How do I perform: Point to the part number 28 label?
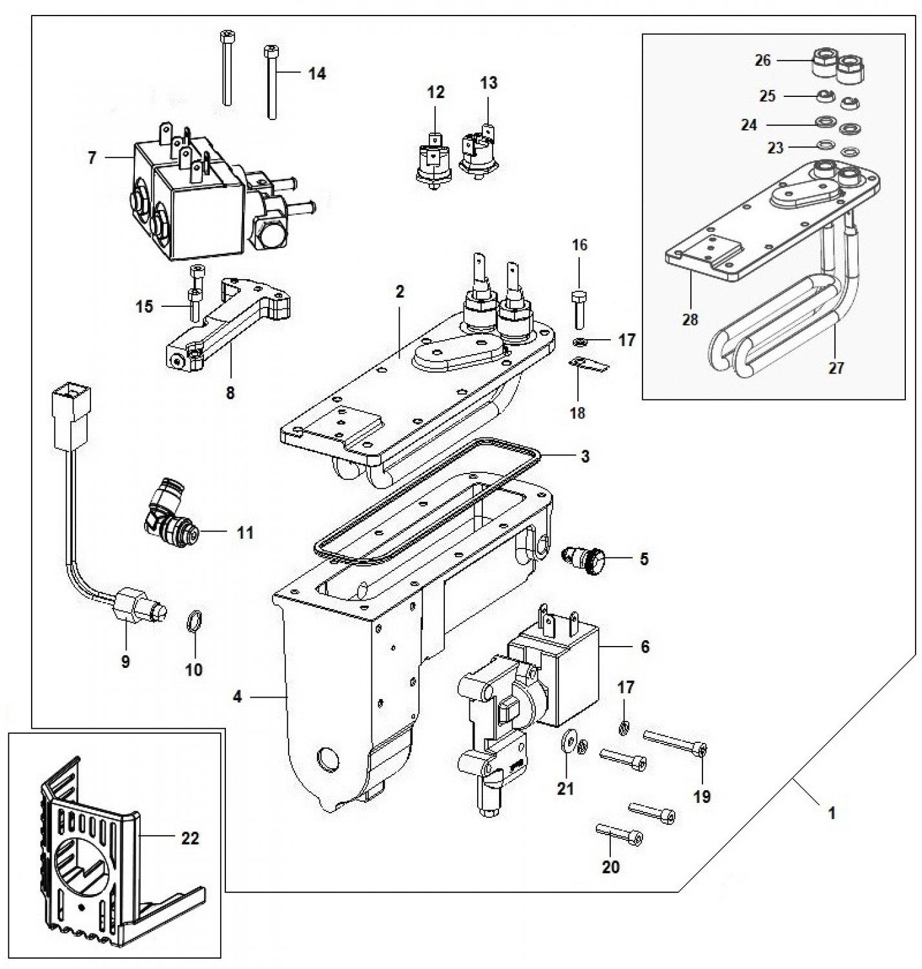point(690,320)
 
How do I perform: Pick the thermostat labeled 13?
point(478,151)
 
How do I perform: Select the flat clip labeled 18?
point(589,364)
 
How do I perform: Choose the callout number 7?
point(92,159)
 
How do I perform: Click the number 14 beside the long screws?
point(317,74)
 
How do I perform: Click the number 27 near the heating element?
point(835,368)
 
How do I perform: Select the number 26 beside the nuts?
point(763,61)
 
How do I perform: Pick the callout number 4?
point(238,697)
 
